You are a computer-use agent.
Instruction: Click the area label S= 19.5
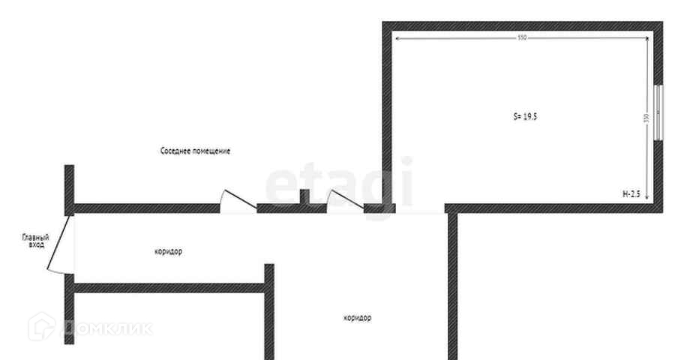pyautogui.click(x=525, y=117)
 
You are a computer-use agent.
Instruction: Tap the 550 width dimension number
pyautogui.click(x=522, y=37)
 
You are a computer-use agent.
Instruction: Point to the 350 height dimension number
pyautogui.click(x=646, y=118)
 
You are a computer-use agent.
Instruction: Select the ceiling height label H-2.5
pyautogui.click(x=631, y=194)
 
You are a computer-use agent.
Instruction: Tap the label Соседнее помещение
pyautogui.click(x=195, y=151)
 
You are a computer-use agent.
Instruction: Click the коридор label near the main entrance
pyautogui.click(x=168, y=252)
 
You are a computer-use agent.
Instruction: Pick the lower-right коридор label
pyautogui.click(x=357, y=318)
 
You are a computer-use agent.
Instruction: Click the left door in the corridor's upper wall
pyautogui.click(x=233, y=201)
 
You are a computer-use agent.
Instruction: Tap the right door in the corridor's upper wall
pyautogui.click(x=342, y=201)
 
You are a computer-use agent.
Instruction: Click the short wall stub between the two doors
pyautogui.click(x=304, y=197)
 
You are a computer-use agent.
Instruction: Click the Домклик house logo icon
pyautogui.click(x=42, y=326)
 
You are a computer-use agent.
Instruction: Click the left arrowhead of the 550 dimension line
pyautogui.click(x=397, y=37)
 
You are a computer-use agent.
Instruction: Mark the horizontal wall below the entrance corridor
pyautogui.click(x=169, y=287)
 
